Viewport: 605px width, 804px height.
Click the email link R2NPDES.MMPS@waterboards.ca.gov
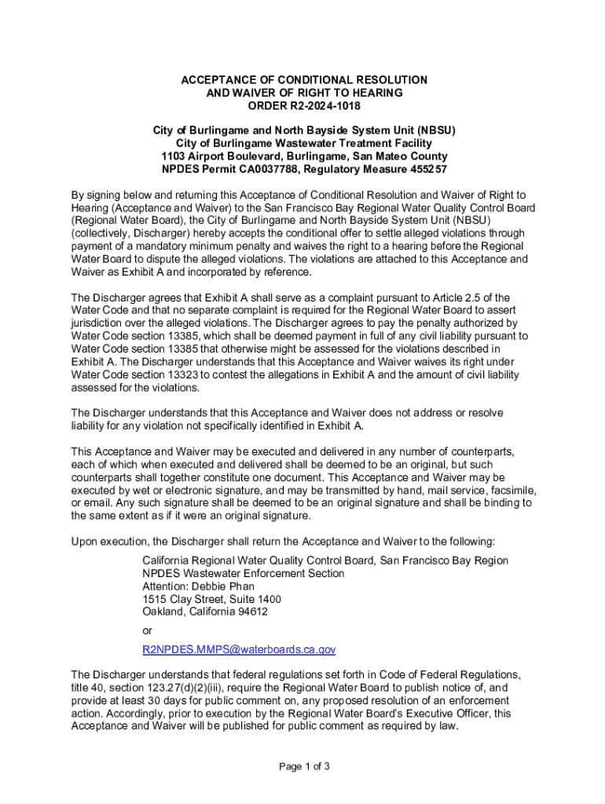(x=239, y=649)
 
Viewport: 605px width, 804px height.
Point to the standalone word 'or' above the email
(x=148, y=630)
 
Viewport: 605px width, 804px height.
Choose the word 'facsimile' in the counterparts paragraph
(x=484, y=490)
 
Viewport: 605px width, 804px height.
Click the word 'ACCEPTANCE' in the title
(x=215, y=80)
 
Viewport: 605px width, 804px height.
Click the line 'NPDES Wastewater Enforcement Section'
(x=243, y=573)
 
